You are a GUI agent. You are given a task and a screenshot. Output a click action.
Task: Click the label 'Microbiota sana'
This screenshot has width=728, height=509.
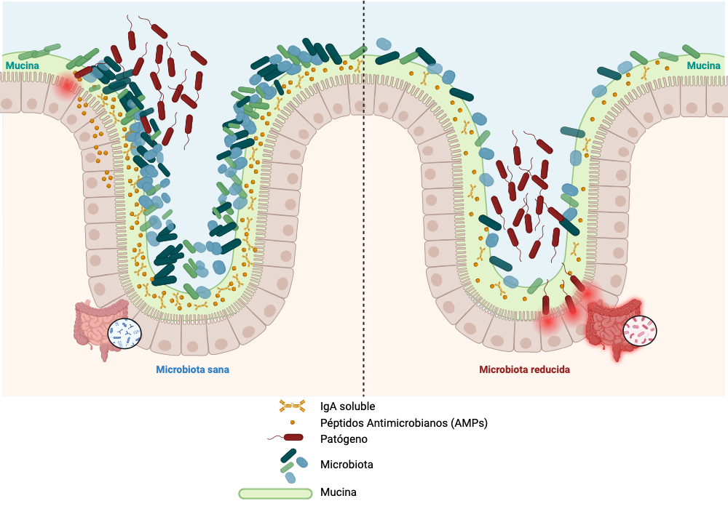click(193, 369)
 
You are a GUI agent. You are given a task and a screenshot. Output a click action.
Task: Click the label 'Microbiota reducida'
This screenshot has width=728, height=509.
click(524, 369)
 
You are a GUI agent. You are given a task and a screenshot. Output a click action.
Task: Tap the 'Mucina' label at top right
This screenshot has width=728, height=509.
click(703, 66)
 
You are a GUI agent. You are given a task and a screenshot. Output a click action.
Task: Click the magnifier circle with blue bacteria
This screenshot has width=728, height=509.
click(124, 333)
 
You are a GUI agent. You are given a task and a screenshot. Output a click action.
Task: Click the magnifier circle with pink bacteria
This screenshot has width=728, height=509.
click(639, 331)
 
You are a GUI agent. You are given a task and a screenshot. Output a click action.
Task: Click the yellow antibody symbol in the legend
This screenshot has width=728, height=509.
click(291, 406)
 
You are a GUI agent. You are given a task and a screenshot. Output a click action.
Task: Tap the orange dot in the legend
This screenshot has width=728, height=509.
click(292, 422)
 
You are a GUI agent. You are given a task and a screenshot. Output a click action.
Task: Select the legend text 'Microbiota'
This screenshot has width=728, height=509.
click(347, 464)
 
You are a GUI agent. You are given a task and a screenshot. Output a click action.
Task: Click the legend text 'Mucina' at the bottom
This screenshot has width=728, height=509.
click(339, 493)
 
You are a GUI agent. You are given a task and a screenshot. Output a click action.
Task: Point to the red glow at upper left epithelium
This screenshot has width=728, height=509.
click(66, 87)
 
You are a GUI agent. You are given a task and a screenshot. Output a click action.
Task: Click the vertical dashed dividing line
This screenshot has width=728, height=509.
click(363, 218)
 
